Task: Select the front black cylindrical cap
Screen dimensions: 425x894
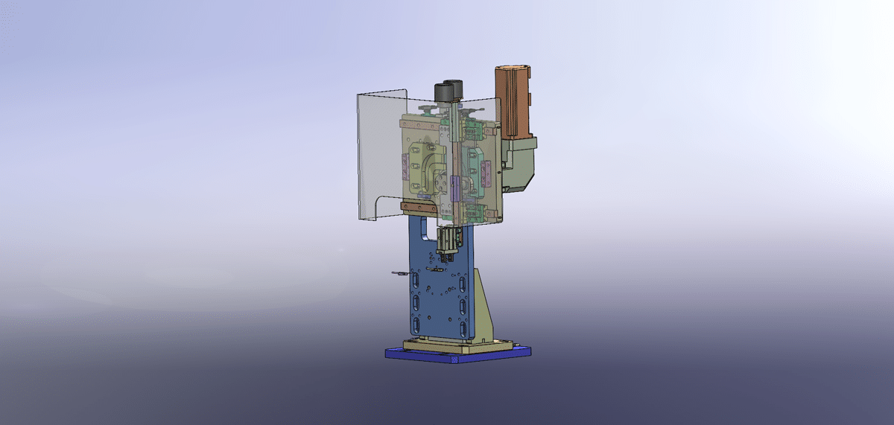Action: pyautogui.click(x=443, y=93)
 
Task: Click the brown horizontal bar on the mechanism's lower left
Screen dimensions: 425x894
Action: pyautogui.click(x=418, y=207)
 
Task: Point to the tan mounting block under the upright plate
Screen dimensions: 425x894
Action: pyautogui.click(x=454, y=344)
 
